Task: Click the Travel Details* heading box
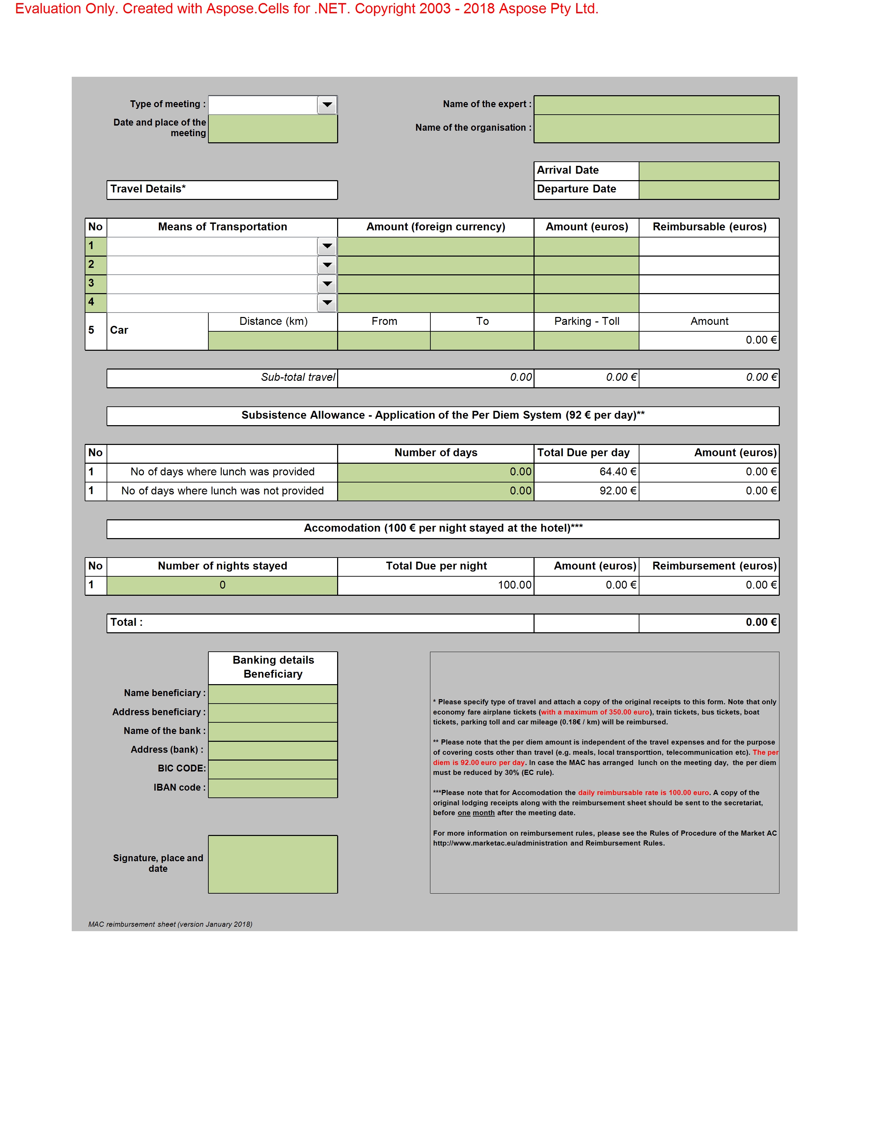[x=222, y=189]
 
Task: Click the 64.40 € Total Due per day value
[x=617, y=472]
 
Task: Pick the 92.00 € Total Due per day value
[x=617, y=491]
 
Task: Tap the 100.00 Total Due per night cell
[x=514, y=584]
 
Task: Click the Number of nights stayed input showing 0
[x=222, y=584]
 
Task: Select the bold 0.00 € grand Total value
[x=761, y=622]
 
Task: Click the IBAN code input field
[x=273, y=788]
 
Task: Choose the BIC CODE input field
[x=273, y=769]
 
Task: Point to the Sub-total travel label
[x=298, y=377]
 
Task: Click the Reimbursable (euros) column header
[x=709, y=227]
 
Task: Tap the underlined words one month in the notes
[x=476, y=813]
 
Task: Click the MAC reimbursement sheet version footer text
[x=170, y=924]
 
